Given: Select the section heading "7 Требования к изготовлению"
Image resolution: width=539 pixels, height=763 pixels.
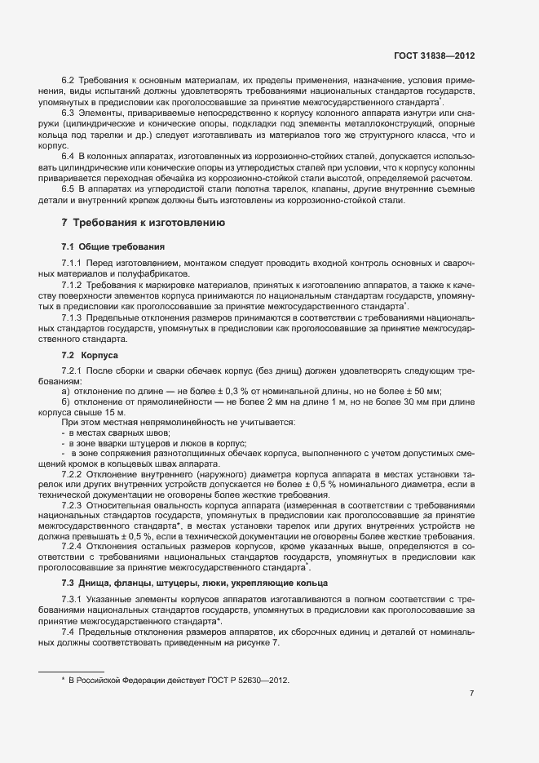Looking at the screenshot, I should click(139, 223).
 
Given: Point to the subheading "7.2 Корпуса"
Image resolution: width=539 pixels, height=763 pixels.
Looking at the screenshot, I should click(91, 357).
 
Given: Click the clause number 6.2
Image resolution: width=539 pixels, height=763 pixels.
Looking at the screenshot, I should click(68, 82).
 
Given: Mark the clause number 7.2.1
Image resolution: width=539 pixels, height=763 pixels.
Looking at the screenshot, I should click(72, 371).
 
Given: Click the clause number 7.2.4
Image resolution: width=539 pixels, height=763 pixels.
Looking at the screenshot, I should click(72, 547).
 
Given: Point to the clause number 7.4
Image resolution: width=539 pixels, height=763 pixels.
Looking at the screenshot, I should click(68, 632).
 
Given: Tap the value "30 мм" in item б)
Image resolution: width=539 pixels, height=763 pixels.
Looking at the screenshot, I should click(405, 401).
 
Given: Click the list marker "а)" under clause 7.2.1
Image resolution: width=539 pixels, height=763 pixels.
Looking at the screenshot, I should click(65, 391).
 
